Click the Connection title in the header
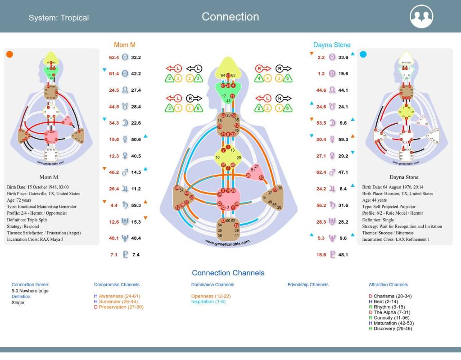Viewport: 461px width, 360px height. point(230,17)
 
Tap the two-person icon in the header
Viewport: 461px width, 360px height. point(421,17)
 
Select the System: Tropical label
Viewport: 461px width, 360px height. point(59,18)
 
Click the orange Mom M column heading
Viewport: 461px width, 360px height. point(125,45)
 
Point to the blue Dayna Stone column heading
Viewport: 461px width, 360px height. point(332,45)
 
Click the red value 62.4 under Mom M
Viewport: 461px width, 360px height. point(114,58)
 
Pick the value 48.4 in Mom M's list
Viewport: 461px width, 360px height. point(136,238)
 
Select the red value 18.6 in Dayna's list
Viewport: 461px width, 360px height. point(321,255)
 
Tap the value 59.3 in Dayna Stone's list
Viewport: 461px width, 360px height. point(343,139)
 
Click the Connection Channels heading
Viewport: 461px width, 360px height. point(228,273)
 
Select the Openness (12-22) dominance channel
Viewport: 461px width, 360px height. point(211,296)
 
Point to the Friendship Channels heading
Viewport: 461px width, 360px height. point(308,284)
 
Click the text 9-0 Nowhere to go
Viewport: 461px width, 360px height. point(30,291)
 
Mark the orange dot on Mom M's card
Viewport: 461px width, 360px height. point(9,54)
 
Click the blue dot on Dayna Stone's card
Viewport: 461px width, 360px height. point(363,54)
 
